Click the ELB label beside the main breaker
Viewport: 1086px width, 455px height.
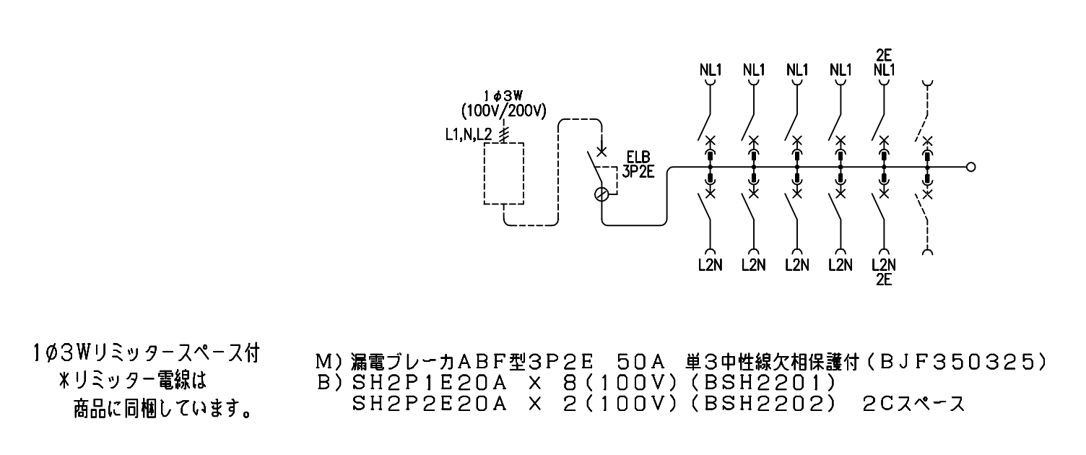point(638,157)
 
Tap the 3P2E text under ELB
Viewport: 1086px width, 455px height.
point(638,171)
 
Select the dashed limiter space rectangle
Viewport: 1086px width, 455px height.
point(504,142)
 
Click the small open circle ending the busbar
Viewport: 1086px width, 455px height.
point(970,167)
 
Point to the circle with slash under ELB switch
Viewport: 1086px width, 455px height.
point(601,194)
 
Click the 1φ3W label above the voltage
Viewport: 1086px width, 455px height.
point(504,97)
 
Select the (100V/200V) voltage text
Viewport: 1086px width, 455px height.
point(504,111)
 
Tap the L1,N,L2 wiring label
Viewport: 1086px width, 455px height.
point(469,135)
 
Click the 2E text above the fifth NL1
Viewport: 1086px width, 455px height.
point(884,55)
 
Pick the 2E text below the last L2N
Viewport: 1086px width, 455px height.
point(884,280)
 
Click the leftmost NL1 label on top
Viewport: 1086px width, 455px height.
point(711,70)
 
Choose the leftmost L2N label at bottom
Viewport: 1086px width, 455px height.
point(711,265)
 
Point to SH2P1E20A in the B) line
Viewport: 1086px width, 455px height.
point(430,383)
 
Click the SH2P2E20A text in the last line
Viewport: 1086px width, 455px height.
point(430,404)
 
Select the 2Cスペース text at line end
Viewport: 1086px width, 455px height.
point(913,404)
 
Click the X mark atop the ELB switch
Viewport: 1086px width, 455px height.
point(601,152)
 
